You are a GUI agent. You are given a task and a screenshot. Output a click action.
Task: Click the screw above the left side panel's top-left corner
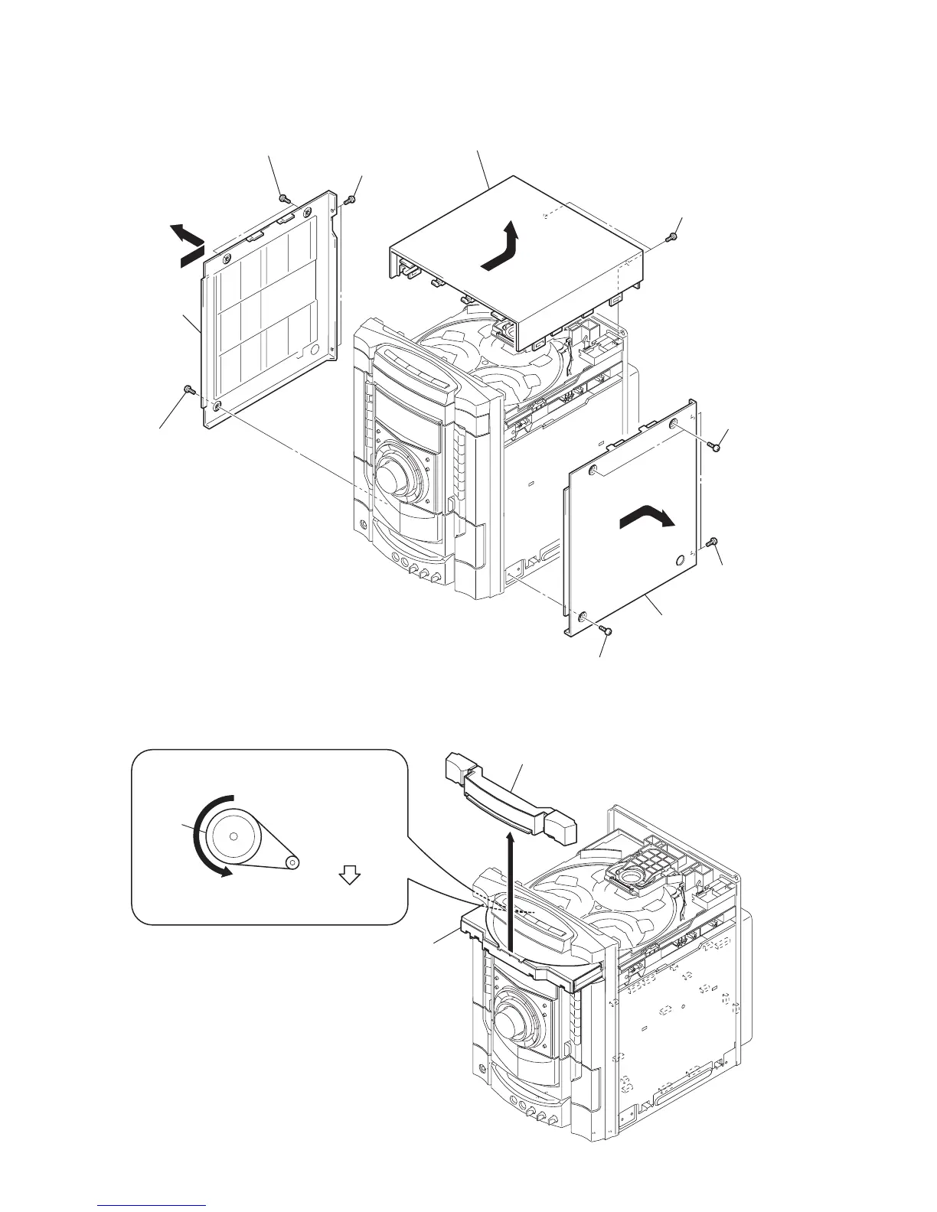(x=286, y=198)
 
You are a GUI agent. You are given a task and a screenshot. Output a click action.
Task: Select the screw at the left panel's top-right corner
(x=349, y=199)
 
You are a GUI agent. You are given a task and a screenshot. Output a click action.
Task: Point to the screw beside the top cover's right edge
(x=672, y=236)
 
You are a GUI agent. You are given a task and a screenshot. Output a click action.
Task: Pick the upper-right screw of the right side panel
(x=714, y=445)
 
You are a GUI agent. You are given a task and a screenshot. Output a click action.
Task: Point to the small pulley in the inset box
(x=292, y=862)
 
